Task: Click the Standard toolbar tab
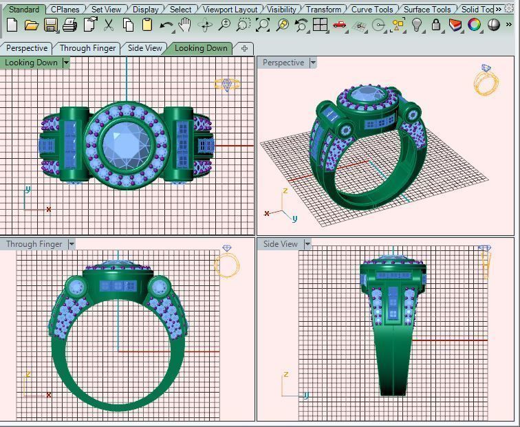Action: pyautogui.click(x=24, y=9)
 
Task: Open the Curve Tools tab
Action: pyautogui.click(x=372, y=9)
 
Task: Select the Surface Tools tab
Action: pyautogui.click(x=426, y=9)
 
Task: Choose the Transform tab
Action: pyautogui.click(x=323, y=9)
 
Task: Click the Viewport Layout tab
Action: pyautogui.click(x=230, y=9)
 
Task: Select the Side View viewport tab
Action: pyautogui.click(x=145, y=48)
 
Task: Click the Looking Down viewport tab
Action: pyautogui.click(x=200, y=48)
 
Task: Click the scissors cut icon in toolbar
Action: pyautogui.click(x=109, y=25)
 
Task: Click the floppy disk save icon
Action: pyautogui.click(x=51, y=25)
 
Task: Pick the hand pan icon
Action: pyautogui.click(x=185, y=25)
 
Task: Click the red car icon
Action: pyautogui.click(x=339, y=25)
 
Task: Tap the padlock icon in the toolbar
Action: pyautogui.click(x=436, y=25)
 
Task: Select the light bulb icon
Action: pyautogui.click(x=417, y=25)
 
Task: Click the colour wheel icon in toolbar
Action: pyautogui.click(x=475, y=25)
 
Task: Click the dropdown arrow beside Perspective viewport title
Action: pyautogui.click(x=313, y=63)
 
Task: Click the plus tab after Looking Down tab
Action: pyautogui.click(x=244, y=48)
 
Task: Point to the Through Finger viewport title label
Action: pyautogui.click(x=34, y=244)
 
